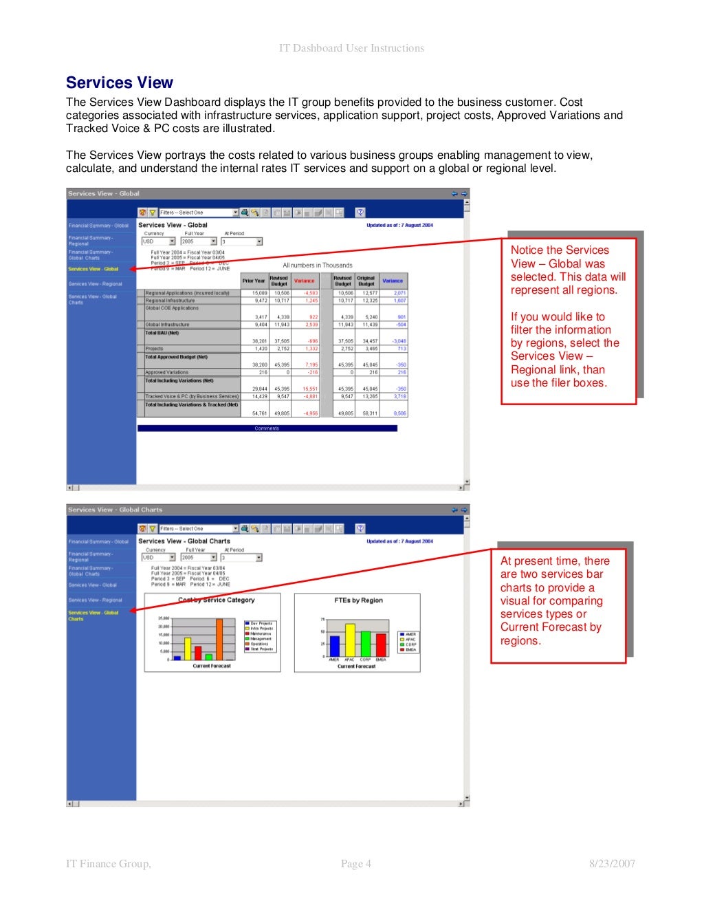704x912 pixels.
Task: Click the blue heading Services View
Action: pyautogui.click(x=119, y=83)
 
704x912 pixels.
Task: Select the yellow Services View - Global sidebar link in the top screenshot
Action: pyautogui.click(x=93, y=269)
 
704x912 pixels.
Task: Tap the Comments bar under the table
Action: pyautogui.click(x=267, y=428)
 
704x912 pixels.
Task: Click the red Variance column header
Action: pyautogui.click(x=304, y=281)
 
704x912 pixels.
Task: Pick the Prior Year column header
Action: pyautogui.click(x=253, y=281)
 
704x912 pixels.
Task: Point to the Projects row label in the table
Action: pyautogui.click(x=155, y=349)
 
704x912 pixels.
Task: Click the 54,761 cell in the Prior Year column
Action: pyautogui.click(x=259, y=413)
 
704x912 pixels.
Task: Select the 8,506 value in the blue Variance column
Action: pyautogui.click(x=399, y=413)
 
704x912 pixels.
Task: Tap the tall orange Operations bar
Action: pyautogui.click(x=219, y=640)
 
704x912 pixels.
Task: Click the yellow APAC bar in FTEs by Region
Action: pyautogui.click(x=350, y=640)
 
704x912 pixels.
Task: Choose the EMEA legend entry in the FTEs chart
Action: pyautogui.click(x=410, y=650)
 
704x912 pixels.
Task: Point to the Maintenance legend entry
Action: pyautogui.click(x=261, y=633)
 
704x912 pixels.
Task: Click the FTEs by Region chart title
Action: pyautogui.click(x=358, y=600)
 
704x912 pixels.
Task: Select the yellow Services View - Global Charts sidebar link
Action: pyautogui.click(x=93, y=616)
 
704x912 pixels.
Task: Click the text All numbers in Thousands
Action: pyautogui.click(x=318, y=265)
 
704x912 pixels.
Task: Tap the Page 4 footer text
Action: pyautogui.click(x=356, y=864)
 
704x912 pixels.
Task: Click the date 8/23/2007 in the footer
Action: pyautogui.click(x=612, y=864)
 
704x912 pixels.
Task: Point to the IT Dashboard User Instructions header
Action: pyautogui.click(x=351, y=48)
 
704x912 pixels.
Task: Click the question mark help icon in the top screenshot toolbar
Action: pyautogui.click(x=360, y=213)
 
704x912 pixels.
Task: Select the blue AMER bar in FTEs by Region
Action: pyautogui.click(x=335, y=646)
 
